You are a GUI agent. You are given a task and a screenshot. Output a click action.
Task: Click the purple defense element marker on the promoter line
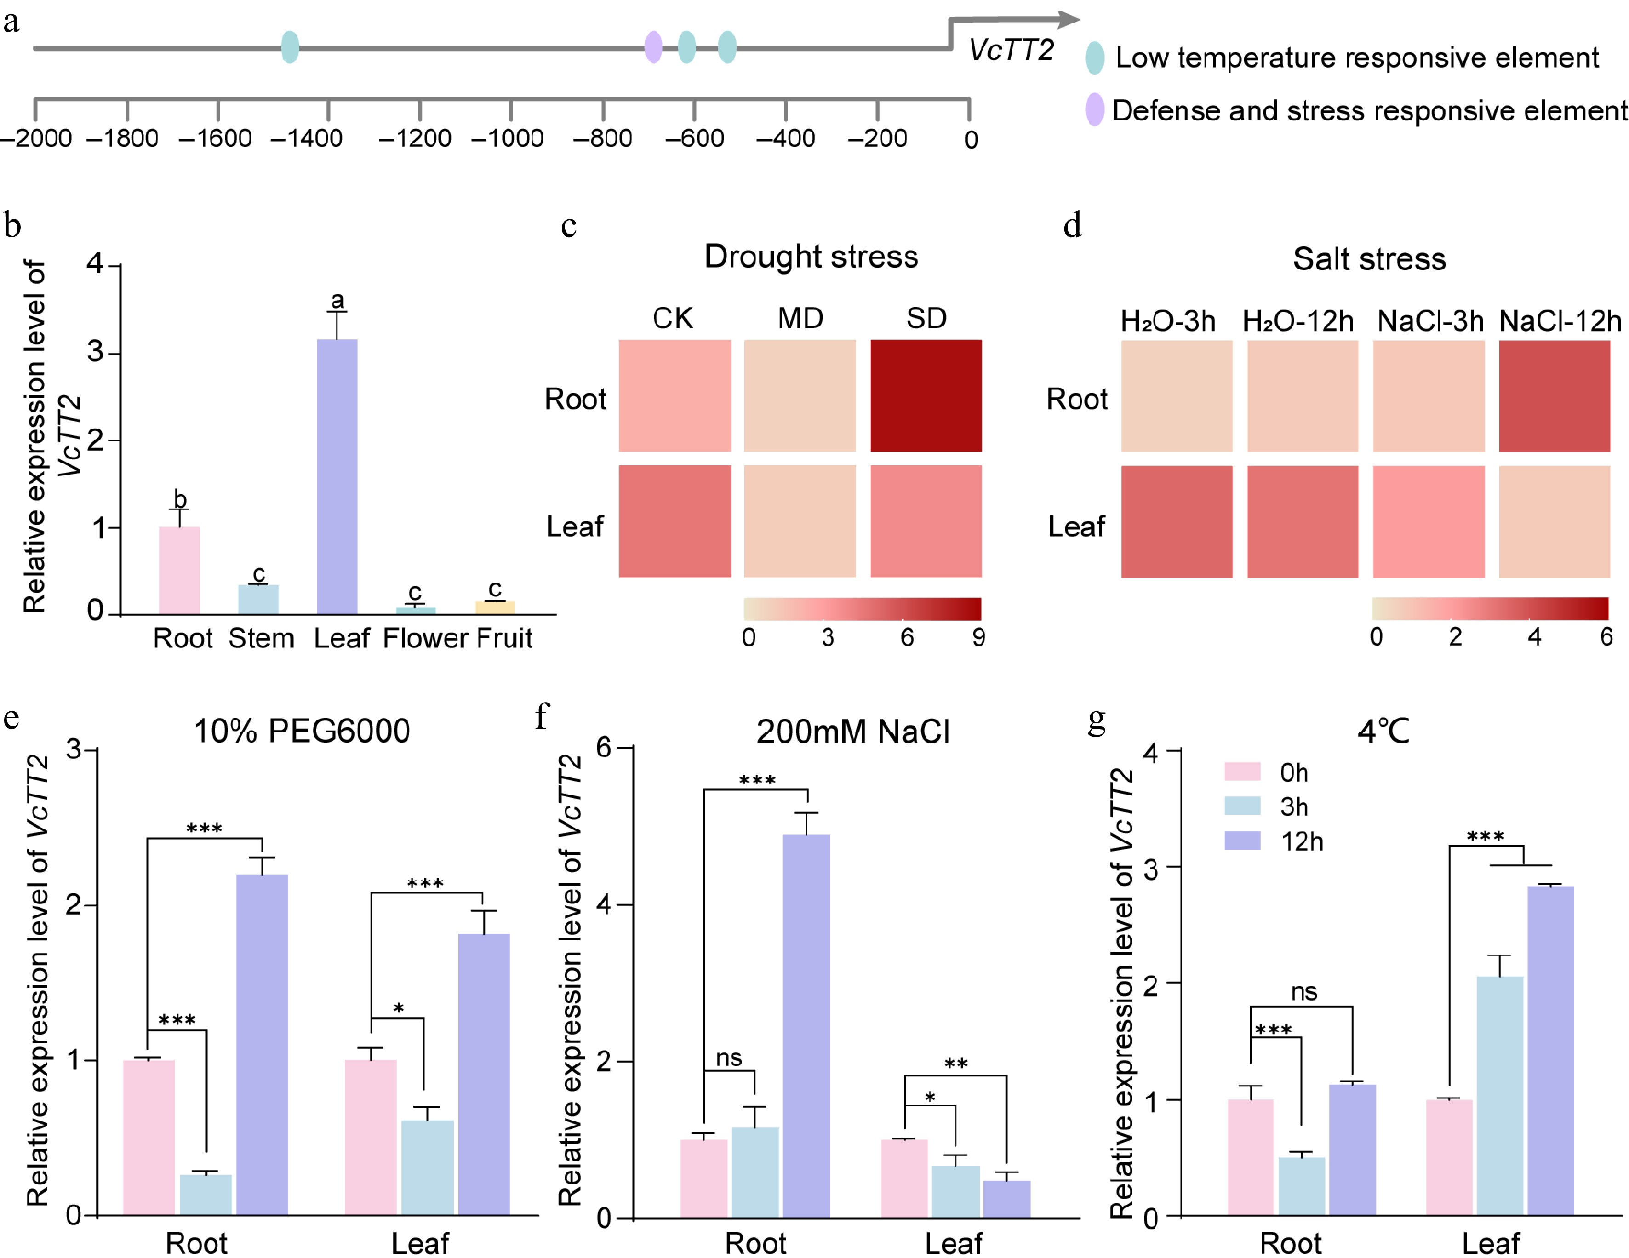653,47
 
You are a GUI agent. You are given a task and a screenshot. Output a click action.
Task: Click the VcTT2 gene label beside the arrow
1011,51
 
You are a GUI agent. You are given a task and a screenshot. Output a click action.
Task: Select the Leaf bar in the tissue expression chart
337,477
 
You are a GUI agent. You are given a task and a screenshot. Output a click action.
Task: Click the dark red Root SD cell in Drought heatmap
926,396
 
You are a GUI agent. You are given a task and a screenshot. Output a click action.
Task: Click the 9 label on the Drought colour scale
978,638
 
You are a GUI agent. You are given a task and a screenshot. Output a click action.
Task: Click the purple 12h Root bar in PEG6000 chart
262,1045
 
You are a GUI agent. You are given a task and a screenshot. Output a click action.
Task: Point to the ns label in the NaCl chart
729,1058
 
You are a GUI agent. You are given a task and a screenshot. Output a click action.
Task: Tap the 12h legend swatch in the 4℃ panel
1242,841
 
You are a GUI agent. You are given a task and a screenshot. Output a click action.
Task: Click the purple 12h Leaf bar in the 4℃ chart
1551,1052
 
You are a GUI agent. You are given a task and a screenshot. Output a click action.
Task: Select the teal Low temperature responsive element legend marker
1094,57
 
